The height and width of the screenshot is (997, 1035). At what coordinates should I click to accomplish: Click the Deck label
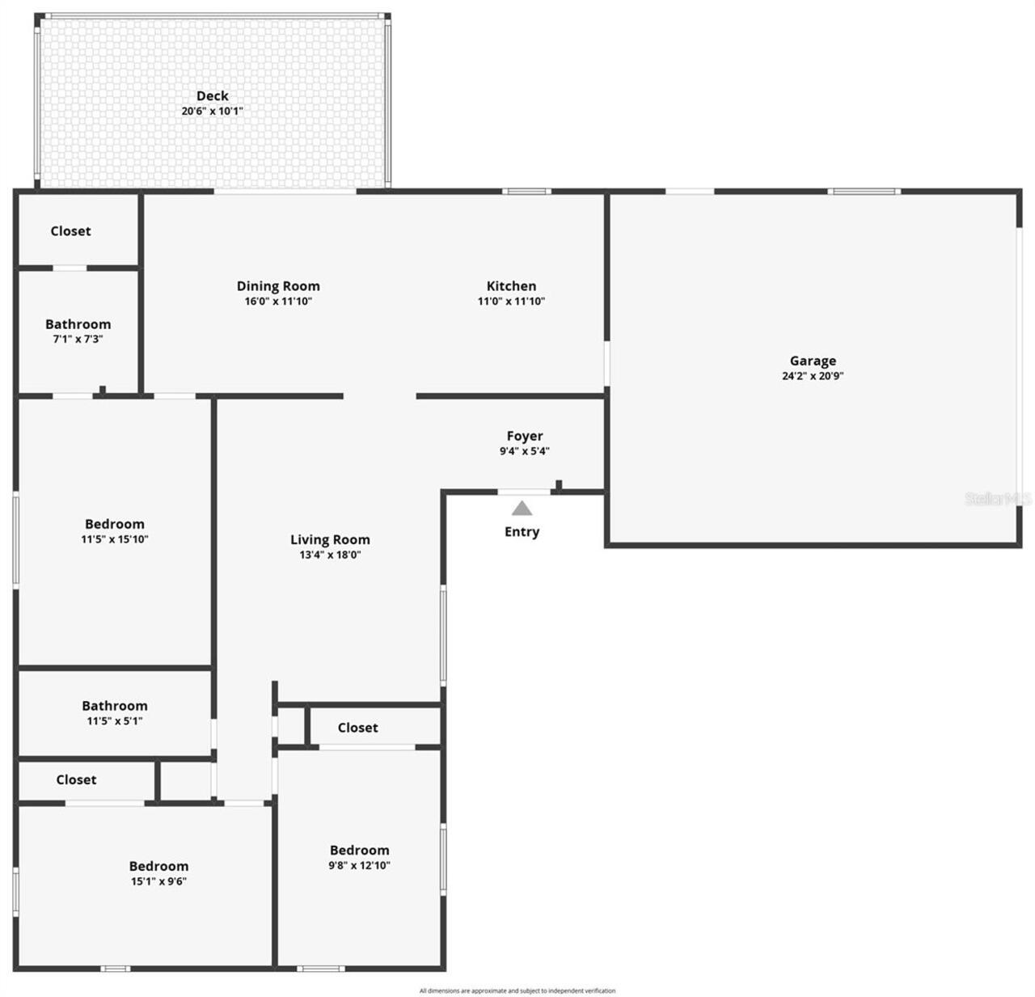pyautogui.click(x=212, y=96)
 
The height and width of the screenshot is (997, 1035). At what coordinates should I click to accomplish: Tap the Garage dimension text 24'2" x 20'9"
pyautogui.click(x=813, y=376)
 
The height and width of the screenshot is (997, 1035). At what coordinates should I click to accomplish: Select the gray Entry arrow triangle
pyautogui.click(x=522, y=509)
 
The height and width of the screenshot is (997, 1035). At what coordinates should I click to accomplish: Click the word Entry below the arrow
pyautogui.click(x=522, y=532)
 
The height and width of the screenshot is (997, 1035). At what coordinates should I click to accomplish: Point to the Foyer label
pyautogui.click(x=525, y=437)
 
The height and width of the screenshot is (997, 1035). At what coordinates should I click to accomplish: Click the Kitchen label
pyautogui.click(x=511, y=286)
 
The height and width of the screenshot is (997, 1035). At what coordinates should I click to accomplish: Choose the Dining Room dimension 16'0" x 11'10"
pyautogui.click(x=278, y=302)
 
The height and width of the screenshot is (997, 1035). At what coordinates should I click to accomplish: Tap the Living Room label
pyautogui.click(x=330, y=540)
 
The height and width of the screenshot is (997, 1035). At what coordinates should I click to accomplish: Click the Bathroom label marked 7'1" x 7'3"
pyautogui.click(x=78, y=324)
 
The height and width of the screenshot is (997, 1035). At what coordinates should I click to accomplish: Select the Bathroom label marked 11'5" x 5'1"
pyautogui.click(x=115, y=706)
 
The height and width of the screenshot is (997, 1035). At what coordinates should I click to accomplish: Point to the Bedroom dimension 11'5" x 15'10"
pyautogui.click(x=115, y=539)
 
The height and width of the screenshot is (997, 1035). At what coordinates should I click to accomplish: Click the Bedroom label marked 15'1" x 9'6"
pyautogui.click(x=158, y=866)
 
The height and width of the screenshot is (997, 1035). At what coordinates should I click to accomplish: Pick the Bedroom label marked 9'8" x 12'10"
pyautogui.click(x=360, y=851)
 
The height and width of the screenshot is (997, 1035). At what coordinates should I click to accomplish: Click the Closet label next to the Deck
pyautogui.click(x=70, y=231)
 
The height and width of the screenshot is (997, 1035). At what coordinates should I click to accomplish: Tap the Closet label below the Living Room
pyautogui.click(x=357, y=728)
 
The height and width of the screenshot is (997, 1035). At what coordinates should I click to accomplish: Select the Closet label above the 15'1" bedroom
pyautogui.click(x=76, y=780)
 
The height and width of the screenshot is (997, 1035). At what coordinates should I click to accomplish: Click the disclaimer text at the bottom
pyautogui.click(x=517, y=991)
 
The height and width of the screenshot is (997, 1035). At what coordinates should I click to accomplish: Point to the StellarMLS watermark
pyautogui.click(x=998, y=499)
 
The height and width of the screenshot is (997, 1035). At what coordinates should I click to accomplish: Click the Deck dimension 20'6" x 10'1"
pyautogui.click(x=212, y=112)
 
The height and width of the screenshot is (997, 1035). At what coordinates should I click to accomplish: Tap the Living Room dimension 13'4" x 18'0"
pyautogui.click(x=330, y=556)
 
